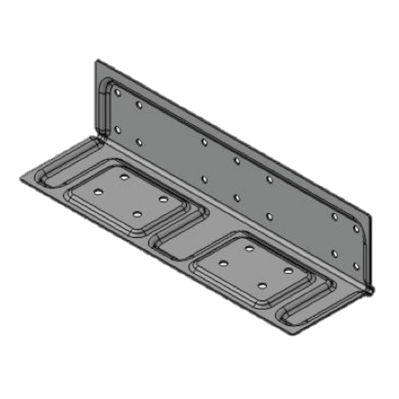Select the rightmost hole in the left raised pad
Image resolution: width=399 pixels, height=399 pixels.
(163, 199)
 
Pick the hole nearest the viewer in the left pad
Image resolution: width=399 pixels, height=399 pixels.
(136, 213)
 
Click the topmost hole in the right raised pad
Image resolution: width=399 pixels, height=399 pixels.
(249, 248)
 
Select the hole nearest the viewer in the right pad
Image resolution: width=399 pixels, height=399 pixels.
(261, 285)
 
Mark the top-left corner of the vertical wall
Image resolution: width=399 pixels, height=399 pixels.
(96, 61)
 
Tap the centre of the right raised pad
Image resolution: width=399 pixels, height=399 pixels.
(256, 267)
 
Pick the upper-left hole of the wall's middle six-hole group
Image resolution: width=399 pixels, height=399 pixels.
(204, 142)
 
